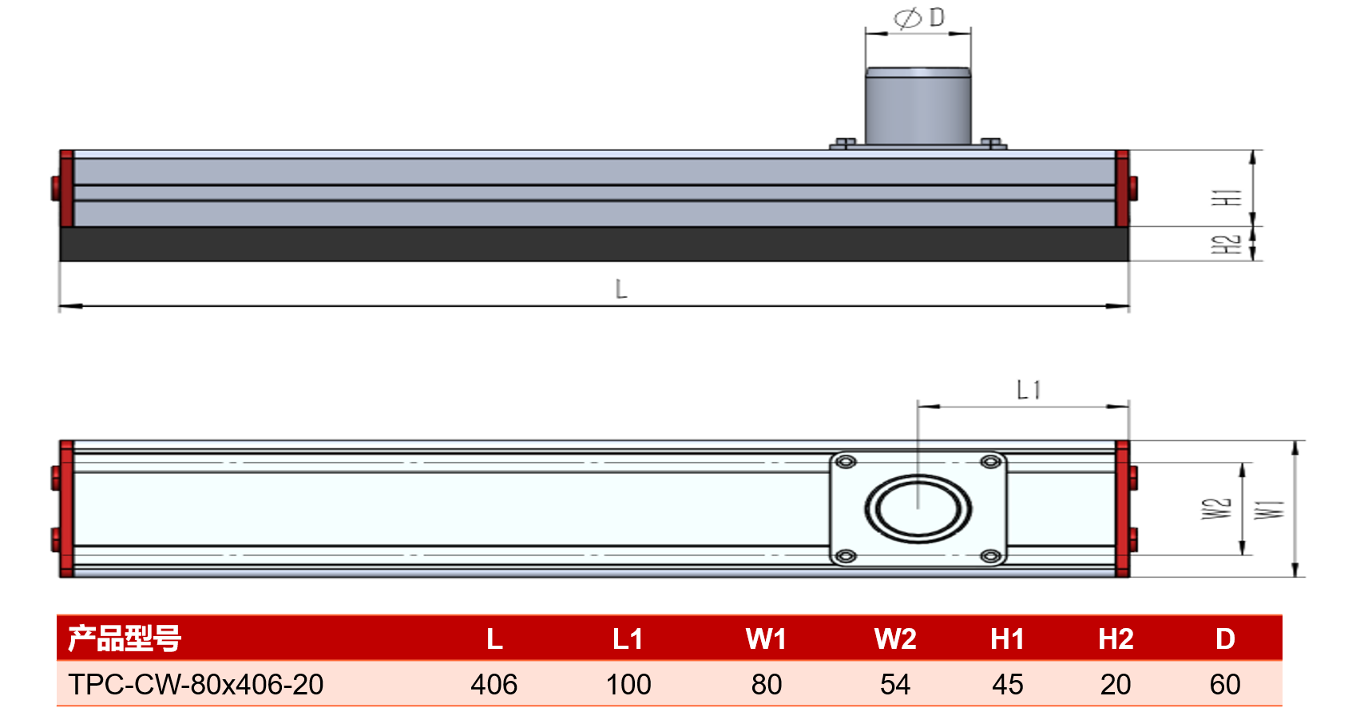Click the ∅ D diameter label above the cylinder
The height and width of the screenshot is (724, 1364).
[919, 18]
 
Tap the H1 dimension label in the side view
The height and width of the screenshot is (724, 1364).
[1226, 197]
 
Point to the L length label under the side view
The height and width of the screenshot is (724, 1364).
[621, 288]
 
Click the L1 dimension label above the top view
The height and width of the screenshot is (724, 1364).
[1029, 390]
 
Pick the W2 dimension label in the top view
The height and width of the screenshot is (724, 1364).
[1216, 509]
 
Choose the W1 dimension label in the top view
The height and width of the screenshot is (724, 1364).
[1269, 510]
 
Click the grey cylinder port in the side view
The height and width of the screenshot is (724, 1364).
[918, 106]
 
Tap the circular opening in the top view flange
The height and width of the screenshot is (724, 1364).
[918, 509]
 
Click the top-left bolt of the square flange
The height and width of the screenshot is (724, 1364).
[846, 462]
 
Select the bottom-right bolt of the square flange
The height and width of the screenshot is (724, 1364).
[991, 556]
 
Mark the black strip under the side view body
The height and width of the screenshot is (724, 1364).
[594, 244]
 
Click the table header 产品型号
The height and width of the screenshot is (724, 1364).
[125, 638]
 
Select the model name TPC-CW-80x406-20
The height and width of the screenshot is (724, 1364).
[196, 684]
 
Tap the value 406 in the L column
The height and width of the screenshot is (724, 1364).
[494, 684]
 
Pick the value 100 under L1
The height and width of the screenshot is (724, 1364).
[628, 684]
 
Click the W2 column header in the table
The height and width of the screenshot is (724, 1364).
[895, 639]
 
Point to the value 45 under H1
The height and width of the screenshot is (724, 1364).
[1007, 684]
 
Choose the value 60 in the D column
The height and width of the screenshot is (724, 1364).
[1225, 684]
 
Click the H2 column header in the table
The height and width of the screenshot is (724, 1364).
[1116, 639]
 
